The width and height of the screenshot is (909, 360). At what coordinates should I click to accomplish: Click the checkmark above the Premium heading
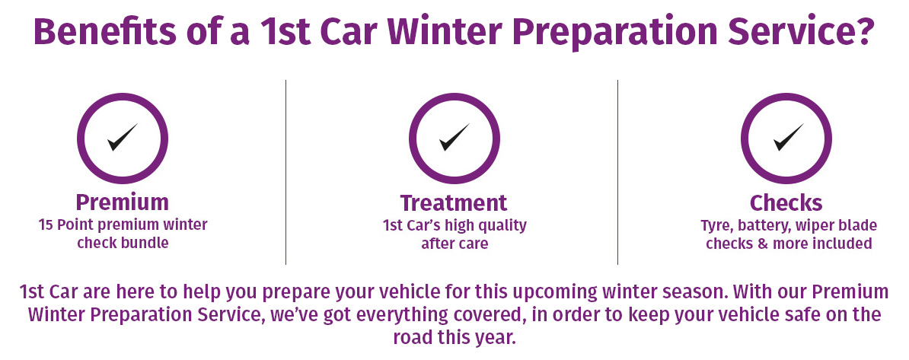(123, 137)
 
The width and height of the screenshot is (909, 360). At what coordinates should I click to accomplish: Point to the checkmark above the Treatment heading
(454, 137)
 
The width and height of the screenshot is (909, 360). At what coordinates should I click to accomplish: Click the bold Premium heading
(123, 202)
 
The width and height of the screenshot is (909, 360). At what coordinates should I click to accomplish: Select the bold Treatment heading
(454, 203)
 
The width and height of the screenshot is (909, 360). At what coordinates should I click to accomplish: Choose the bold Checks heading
(786, 203)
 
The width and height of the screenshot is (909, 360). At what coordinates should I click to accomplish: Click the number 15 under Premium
(45, 225)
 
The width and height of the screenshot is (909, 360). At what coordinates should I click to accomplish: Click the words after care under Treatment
(454, 244)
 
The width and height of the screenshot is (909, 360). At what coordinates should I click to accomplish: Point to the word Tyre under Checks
(715, 225)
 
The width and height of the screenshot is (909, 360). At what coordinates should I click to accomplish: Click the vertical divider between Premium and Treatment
(285, 172)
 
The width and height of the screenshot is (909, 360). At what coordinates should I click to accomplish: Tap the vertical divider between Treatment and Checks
(617, 172)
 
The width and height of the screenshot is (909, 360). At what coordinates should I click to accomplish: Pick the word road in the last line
(413, 337)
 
